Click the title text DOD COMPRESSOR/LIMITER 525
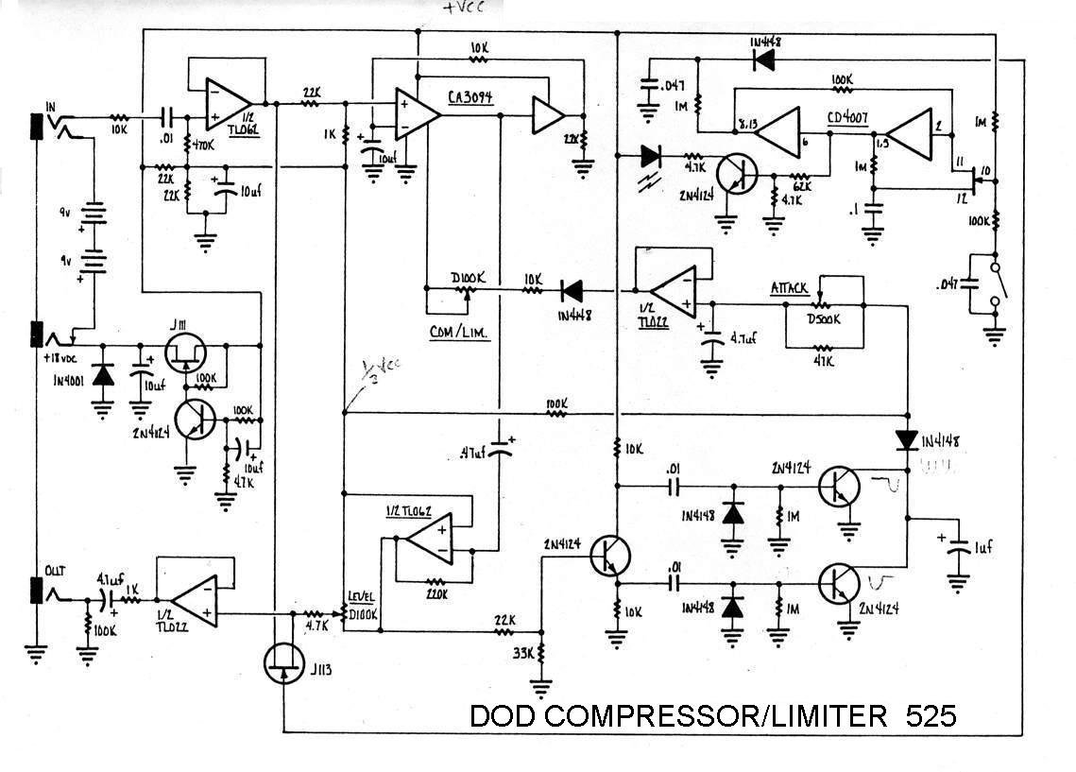712,715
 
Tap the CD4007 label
848,119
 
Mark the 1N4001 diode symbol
103,375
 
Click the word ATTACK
791,286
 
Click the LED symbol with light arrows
651,156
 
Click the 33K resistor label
522,653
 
